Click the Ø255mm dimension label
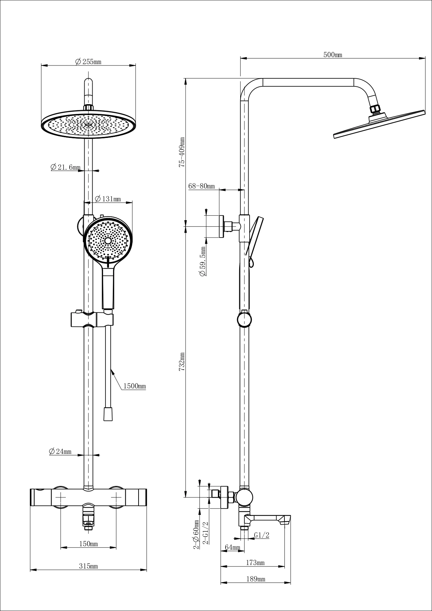tap(88, 62)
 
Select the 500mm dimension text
tap(333, 55)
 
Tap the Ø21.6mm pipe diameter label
tap(65, 168)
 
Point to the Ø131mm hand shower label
tap(108, 199)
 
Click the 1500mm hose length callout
tap(134, 386)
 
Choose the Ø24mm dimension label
tap(60, 452)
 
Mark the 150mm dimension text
tap(88, 544)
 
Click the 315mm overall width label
tap(88, 566)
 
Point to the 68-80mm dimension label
tap(202, 186)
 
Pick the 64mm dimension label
tap(233, 548)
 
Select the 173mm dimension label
tap(255, 563)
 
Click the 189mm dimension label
tap(256, 579)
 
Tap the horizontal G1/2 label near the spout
tap(261, 535)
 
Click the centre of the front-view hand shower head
tap(108, 241)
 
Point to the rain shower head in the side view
tap(379, 125)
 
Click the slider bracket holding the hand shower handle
tap(92, 319)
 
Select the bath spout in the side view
tap(268, 520)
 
